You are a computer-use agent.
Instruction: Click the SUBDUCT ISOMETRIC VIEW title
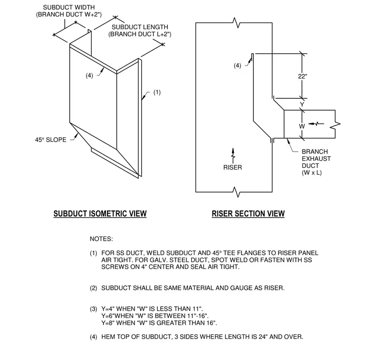coord(100,214)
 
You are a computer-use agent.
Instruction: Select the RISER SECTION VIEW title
coord(248,214)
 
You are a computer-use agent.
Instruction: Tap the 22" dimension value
coord(302,76)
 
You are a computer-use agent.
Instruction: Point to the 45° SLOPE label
coord(51,140)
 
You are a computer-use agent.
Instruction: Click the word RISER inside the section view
coord(232,167)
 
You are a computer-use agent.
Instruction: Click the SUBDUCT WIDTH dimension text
coord(69,11)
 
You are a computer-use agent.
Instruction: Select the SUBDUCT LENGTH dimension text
coord(140,31)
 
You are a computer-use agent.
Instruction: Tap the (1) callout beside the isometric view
coord(157,92)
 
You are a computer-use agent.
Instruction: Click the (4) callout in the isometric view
coord(89,75)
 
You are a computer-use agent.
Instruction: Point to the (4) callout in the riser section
coord(237,66)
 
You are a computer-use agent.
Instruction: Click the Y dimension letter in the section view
coord(302,104)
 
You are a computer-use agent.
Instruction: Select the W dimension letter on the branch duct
coord(301,126)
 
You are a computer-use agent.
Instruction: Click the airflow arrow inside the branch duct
coord(316,123)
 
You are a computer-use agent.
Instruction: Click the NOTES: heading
coord(101,239)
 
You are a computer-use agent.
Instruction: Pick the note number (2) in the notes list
coord(93,288)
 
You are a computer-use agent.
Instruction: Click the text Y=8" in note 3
coord(107,323)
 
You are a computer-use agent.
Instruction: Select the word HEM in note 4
coord(108,337)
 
